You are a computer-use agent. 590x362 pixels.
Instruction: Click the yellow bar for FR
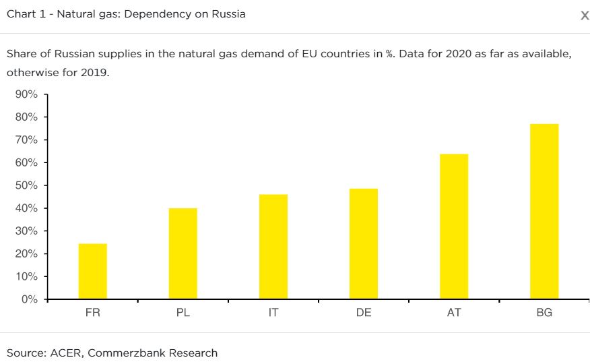click(92, 271)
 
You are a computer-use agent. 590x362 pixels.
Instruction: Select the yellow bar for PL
click(183, 253)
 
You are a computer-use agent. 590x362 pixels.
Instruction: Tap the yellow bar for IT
click(273, 247)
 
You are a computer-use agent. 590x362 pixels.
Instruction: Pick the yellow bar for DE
click(363, 243)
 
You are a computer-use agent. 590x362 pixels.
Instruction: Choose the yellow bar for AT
click(454, 227)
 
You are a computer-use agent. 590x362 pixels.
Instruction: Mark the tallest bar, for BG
click(544, 211)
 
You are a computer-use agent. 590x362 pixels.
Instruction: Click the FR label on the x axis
click(92, 313)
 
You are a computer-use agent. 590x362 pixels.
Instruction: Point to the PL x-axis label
click(183, 313)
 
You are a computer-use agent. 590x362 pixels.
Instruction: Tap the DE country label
click(363, 313)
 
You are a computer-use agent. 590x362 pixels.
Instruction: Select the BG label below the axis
click(544, 313)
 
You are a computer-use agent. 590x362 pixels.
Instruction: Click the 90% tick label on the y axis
click(26, 94)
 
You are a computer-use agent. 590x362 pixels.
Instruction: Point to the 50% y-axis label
click(26, 185)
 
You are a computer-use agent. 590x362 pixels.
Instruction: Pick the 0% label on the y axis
click(29, 299)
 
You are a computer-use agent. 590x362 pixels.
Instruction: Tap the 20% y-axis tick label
click(26, 253)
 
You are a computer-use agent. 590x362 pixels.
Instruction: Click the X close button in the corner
click(584, 16)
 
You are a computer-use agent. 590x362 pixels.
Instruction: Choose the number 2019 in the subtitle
click(94, 72)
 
